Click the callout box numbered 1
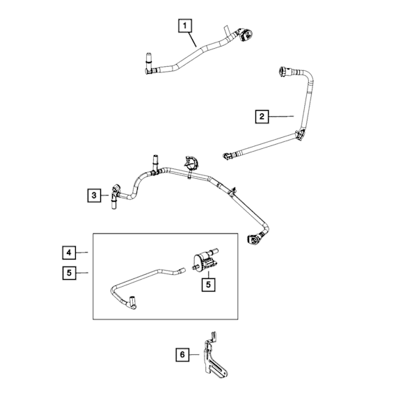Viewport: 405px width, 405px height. (x=184, y=26)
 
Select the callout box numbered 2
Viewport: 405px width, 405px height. (x=262, y=116)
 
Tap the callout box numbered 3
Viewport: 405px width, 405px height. (x=95, y=196)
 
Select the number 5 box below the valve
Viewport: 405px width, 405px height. (x=207, y=284)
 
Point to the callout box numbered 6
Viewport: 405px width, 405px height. (x=182, y=355)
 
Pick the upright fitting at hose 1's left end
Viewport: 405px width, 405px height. (x=149, y=61)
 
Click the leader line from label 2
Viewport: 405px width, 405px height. (x=282, y=116)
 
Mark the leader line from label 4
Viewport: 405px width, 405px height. (x=83, y=251)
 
